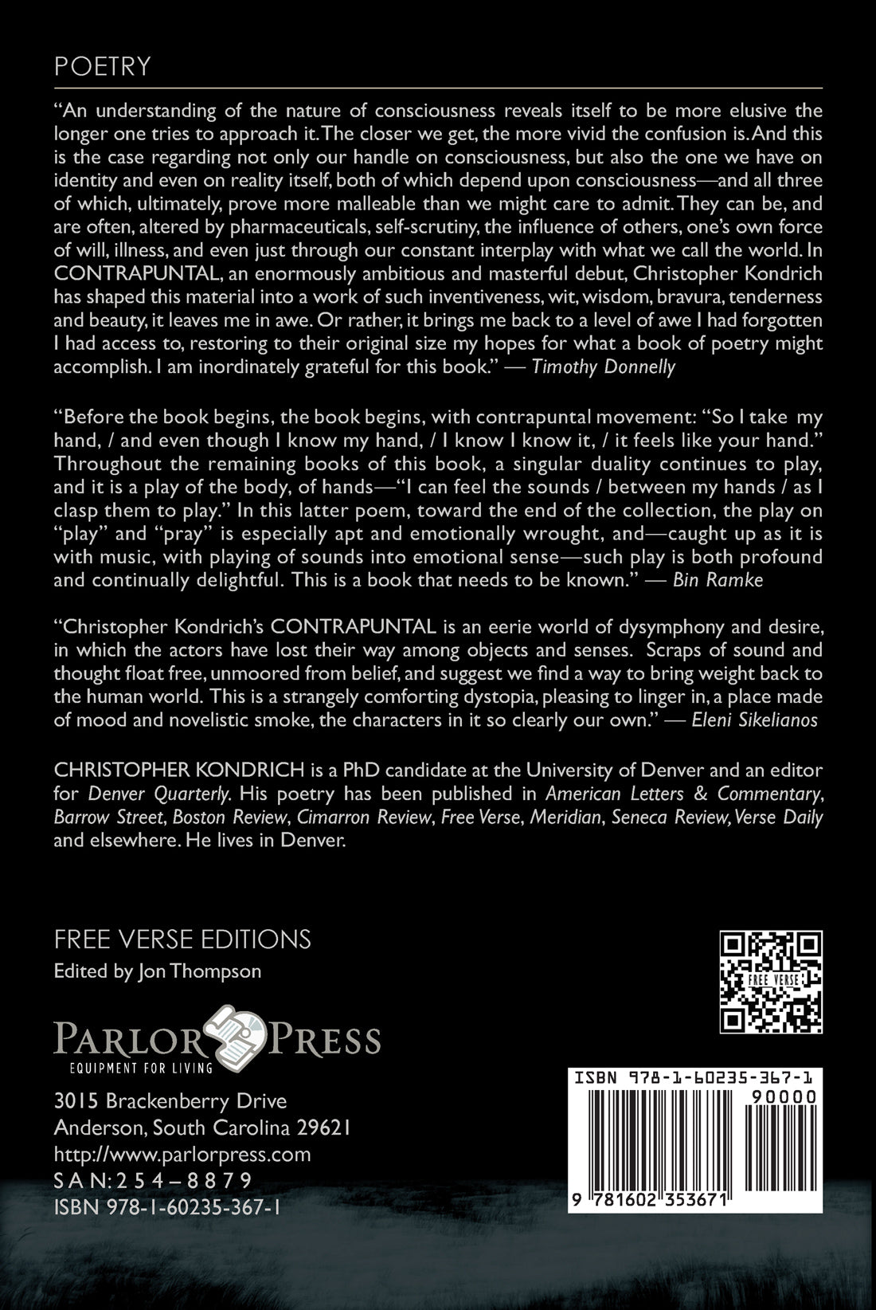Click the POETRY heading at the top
click(x=102, y=66)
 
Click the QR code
click(x=771, y=981)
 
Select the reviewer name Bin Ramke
click(x=718, y=579)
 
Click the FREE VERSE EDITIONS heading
click(x=182, y=939)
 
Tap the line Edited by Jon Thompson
click(x=157, y=971)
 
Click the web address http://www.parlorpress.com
click(x=182, y=1154)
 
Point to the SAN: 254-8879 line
click(x=153, y=1180)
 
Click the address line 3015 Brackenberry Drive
click(x=170, y=1101)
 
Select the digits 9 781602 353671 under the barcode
click(x=651, y=1201)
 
